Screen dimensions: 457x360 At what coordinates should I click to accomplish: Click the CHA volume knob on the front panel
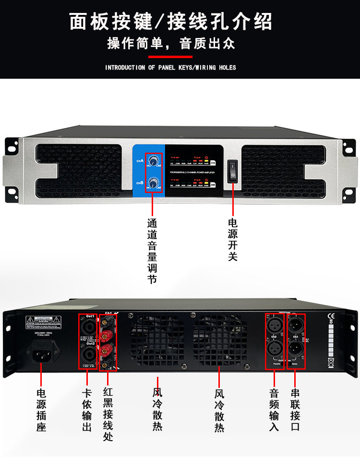[x=154, y=162]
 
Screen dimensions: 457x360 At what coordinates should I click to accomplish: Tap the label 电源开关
[x=232, y=240]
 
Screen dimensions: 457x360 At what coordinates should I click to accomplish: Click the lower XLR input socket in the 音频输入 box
[x=274, y=349]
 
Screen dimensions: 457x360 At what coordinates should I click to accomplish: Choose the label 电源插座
[x=41, y=409]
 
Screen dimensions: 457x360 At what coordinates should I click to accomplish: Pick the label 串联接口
[x=295, y=409]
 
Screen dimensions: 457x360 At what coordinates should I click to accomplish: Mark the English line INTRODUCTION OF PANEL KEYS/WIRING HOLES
[x=170, y=68]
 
